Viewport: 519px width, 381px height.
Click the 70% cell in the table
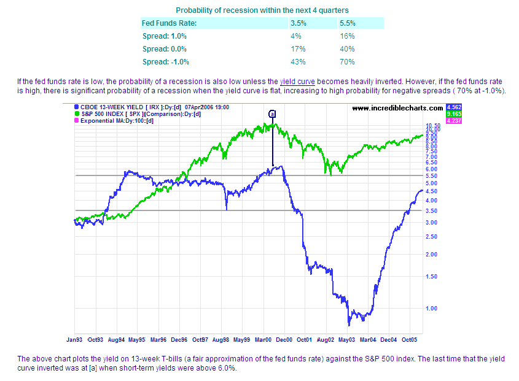[347, 61]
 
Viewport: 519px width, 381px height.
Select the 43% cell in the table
[298, 61]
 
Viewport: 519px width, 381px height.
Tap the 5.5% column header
[347, 23]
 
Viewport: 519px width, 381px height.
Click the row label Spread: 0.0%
[164, 48]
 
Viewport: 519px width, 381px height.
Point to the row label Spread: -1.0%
[165, 61]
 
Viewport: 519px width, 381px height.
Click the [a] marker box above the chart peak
[273, 114]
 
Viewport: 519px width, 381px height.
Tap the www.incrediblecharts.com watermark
[397, 108]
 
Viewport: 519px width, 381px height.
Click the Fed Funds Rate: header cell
[170, 23]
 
